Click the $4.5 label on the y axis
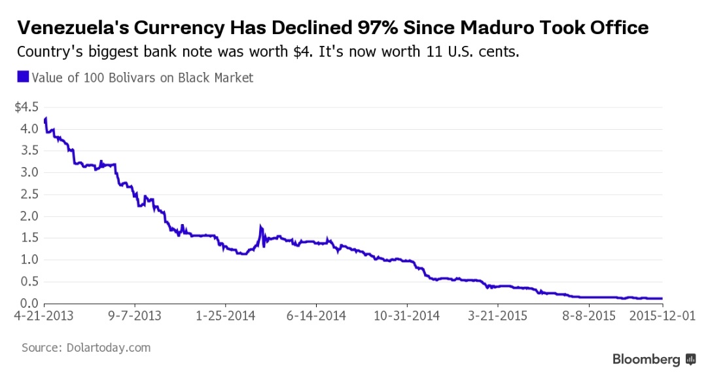[27, 107]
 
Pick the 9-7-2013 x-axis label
[135, 316]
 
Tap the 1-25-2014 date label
[225, 316]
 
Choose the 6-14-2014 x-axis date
[315, 316]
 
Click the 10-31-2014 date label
[406, 316]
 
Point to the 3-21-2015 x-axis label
[497, 316]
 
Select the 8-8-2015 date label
[588, 316]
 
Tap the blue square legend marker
[22, 77]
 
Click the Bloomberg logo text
[646, 359]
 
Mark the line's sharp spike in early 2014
[261, 227]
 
